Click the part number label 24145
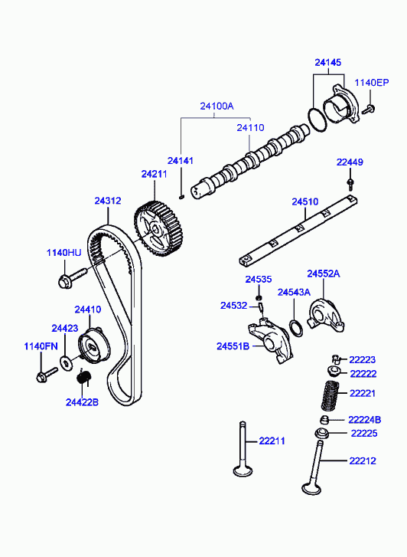tap(328, 63)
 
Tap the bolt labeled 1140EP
tap(369, 109)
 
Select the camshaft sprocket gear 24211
tap(158, 229)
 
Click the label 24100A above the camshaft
tap(217, 106)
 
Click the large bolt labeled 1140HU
tap(72, 278)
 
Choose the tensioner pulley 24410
tap(94, 346)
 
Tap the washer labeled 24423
tap(66, 362)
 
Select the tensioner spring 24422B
tap(84, 377)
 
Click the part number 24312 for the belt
tap(108, 201)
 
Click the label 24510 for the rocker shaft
tap(305, 202)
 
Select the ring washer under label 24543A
tap(296, 328)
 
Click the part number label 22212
tap(363, 461)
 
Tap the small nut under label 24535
tap(259, 297)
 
